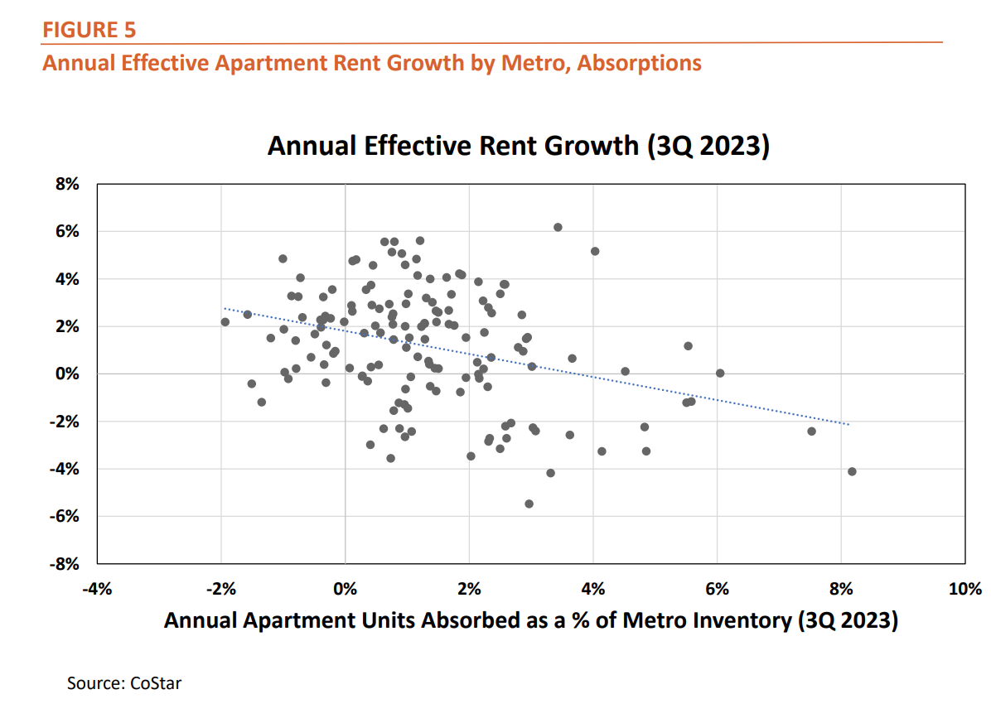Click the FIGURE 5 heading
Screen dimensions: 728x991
tap(89, 31)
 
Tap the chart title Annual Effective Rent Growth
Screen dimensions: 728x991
tap(519, 146)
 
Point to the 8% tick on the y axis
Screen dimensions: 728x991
tap(66, 186)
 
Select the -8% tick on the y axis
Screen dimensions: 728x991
tap(65, 564)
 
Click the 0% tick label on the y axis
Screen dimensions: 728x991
tap(66, 374)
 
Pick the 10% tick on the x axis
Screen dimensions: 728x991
tap(964, 590)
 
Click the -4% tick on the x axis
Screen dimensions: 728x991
tap(97, 590)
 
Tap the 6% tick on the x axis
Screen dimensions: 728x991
tap(717, 590)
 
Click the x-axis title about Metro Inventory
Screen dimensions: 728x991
tap(530, 620)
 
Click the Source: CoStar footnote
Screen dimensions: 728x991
tap(124, 683)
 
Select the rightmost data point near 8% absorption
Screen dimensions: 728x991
tap(852, 471)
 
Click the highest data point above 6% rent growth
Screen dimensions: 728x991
tap(558, 227)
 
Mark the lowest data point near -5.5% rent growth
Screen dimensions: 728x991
tap(529, 504)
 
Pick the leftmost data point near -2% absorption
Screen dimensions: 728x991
tap(225, 322)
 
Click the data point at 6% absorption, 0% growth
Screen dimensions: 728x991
tap(720, 374)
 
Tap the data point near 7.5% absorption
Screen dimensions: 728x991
tap(811, 431)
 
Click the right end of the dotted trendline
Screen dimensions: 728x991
tap(848, 425)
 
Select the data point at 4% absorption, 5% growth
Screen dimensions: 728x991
tap(595, 251)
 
